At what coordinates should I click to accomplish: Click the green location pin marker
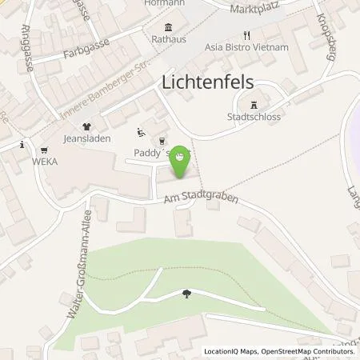pyautogui.click(x=182, y=157)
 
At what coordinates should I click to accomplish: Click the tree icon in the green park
pyautogui.click(x=186, y=294)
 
